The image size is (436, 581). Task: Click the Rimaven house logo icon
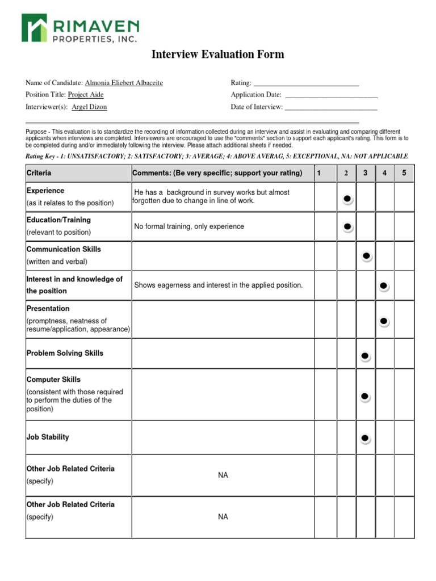pos(35,28)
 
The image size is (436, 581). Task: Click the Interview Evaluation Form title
pos(217,54)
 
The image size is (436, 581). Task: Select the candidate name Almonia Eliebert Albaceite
pos(124,83)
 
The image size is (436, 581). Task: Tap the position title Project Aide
pos(86,95)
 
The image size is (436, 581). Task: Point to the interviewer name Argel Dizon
pos(89,107)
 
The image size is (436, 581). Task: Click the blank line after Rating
pos(305,83)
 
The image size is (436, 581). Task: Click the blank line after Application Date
pos(331,95)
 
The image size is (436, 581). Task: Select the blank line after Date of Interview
pos(331,107)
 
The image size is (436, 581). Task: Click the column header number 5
pos(404,173)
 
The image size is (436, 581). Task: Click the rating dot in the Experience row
pos(347,199)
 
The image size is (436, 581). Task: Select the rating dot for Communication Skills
pos(367,256)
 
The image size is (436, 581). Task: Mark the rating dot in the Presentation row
pos(384,322)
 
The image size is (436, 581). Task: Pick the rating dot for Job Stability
pos(365,438)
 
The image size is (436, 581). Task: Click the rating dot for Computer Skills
pos(365,396)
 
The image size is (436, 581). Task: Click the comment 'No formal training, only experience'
pos(189,226)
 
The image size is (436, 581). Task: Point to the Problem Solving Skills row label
pos(65,353)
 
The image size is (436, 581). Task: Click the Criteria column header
pos(39,173)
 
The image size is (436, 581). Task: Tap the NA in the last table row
pos(223,517)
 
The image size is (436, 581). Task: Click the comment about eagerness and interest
pos(218,285)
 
